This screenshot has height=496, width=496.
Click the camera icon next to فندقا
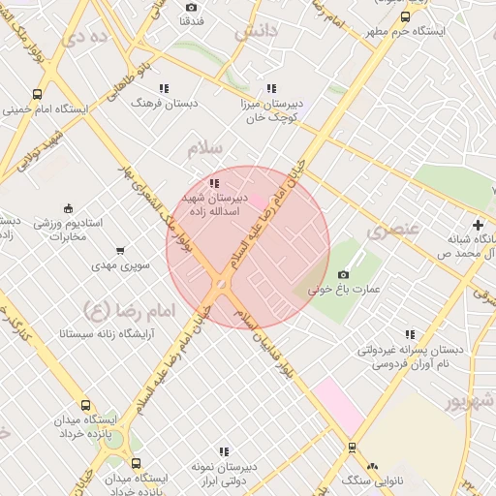pyautogui.click(x=190, y=8)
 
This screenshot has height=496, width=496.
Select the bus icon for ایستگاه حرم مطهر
pyautogui.click(x=405, y=16)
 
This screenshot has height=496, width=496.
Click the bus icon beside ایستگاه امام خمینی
pyautogui.click(x=38, y=95)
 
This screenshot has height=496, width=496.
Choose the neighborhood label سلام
pyautogui.click(x=205, y=148)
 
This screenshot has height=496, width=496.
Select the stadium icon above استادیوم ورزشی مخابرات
pyautogui.click(x=68, y=207)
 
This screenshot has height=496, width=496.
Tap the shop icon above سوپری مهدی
pyautogui.click(x=119, y=250)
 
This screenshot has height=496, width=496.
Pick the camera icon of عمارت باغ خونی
pyautogui.click(x=343, y=274)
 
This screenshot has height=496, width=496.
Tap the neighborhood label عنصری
pyautogui.click(x=393, y=231)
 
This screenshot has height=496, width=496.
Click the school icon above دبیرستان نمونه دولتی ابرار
pyautogui.click(x=224, y=451)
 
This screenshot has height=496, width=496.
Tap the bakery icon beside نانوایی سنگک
pyautogui.click(x=373, y=466)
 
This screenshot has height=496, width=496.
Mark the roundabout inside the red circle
pyautogui.click(x=221, y=284)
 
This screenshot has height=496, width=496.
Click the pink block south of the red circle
pyautogui.click(x=337, y=404)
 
